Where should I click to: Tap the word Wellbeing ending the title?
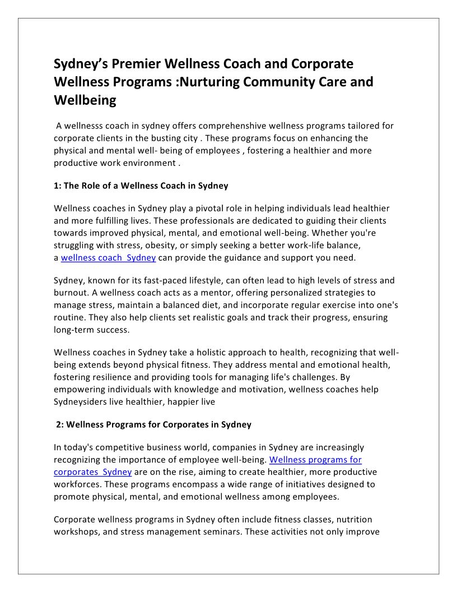tap(85, 100)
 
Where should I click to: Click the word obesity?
tap(167, 246)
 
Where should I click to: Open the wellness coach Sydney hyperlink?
tap(108, 258)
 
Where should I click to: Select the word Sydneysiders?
tap(83, 401)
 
